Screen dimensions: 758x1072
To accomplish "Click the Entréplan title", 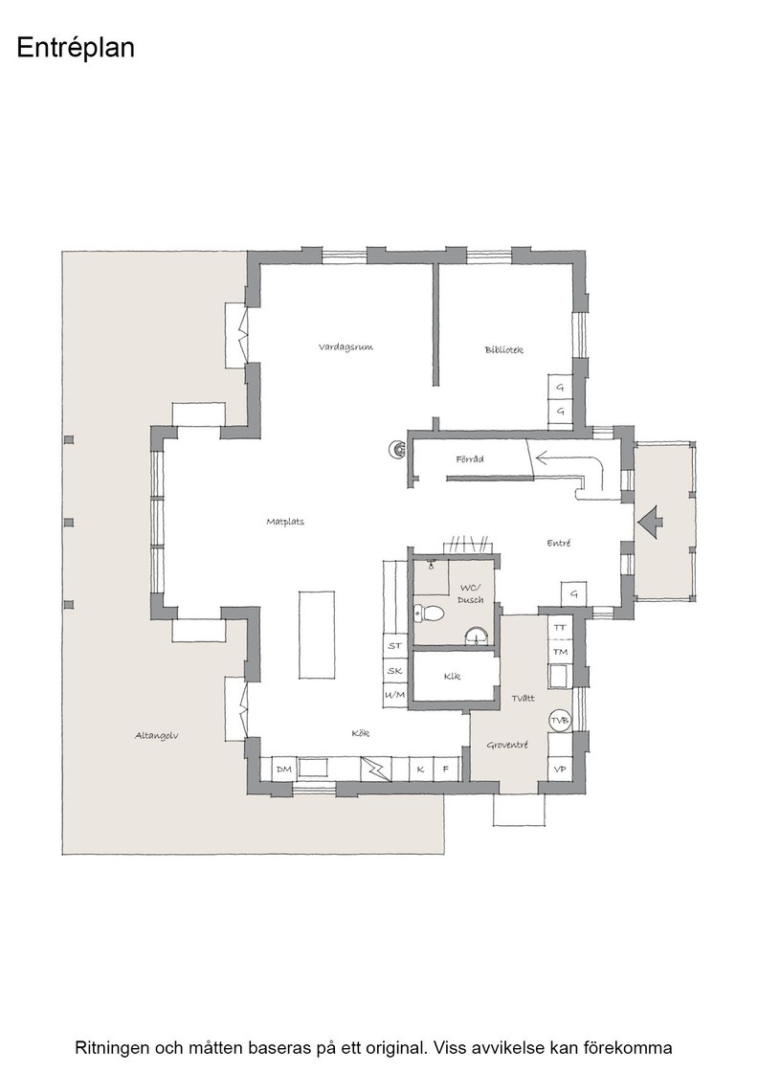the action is (x=76, y=48).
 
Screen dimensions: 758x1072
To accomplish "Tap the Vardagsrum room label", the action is (x=346, y=347).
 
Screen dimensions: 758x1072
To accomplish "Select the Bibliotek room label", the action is (x=503, y=350).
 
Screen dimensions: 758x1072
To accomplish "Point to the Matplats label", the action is (x=285, y=522).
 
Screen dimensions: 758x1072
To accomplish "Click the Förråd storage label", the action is (x=470, y=459).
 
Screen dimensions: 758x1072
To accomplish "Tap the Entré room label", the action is (x=558, y=543).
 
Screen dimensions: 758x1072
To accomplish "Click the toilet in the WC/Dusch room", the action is (x=429, y=614).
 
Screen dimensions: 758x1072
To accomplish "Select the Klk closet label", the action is (x=452, y=676).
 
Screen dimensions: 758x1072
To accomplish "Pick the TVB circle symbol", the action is (x=560, y=721).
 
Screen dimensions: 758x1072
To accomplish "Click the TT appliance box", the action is (x=560, y=627).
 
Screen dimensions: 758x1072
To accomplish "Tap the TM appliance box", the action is (x=560, y=652).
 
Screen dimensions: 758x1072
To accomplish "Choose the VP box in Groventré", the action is (x=560, y=770).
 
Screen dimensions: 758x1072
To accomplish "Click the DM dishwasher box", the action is (x=283, y=770).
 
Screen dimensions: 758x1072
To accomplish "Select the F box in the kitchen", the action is (x=446, y=770).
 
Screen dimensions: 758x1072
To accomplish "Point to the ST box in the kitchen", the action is (x=394, y=645).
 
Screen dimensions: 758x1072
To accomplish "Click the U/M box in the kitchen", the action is (x=394, y=695).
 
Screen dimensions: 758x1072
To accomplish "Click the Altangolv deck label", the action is (x=157, y=736).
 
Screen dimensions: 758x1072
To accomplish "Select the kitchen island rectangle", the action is (x=317, y=634).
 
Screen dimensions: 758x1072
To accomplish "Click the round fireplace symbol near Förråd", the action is (x=397, y=449).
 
